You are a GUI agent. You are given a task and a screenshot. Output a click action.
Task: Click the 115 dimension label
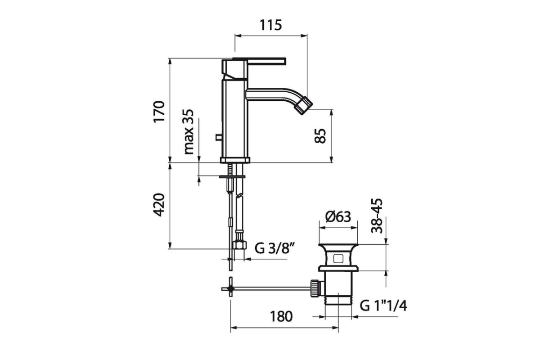[270, 25]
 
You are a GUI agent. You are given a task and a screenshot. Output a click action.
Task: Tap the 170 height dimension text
[159, 112]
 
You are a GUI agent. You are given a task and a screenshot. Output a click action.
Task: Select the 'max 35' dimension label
[189, 132]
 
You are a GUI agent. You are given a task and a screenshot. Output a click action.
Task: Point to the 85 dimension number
[320, 136]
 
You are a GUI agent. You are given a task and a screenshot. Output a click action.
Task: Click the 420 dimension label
[159, 205]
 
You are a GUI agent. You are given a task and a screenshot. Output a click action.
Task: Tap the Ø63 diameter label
[338, 217]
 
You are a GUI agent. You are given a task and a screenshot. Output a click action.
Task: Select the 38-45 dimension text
[377, 216]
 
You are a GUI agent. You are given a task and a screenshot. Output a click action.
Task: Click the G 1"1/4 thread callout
[383, 306]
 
